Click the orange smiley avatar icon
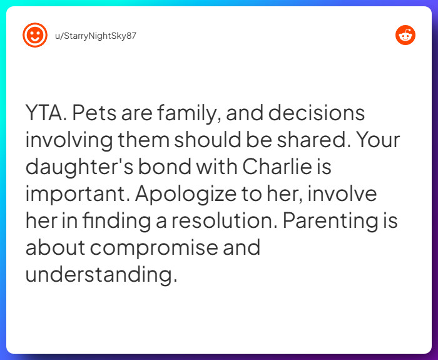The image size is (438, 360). (x=34, y=35)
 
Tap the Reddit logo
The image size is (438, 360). (x=405, y=35)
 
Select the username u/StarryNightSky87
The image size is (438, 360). (x=96, y=36)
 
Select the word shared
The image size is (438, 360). (x=313, y=141)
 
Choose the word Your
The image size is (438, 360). (x=378, y=141)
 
